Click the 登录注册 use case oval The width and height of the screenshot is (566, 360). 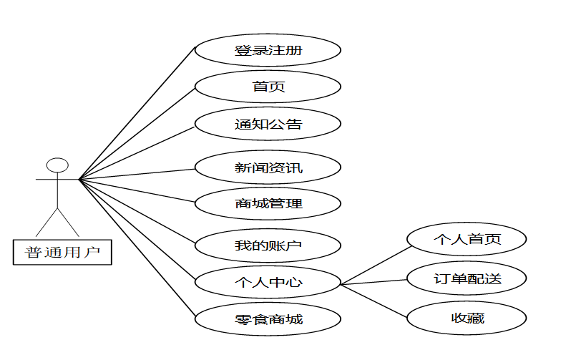(x=268, y=51)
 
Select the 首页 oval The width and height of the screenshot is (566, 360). (x=268, y=87)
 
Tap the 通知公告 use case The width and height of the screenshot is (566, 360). (x=268, y=125)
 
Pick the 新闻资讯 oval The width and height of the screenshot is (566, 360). (x=268, y=168)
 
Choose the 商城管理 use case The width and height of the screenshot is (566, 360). (x=268, y=203)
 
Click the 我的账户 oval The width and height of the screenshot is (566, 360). (x=268, y=245)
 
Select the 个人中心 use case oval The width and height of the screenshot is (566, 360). (x=268, y=282)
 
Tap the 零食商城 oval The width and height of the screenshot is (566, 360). (x=268, y=318)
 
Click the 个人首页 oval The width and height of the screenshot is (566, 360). (x=467, y=239)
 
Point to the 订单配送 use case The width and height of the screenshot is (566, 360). (x=467, y=278)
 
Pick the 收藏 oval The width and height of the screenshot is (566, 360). (x=467, y=318)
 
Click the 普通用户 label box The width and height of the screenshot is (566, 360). (x=63, y=252)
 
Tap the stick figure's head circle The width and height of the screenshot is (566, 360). (x=57, y=165)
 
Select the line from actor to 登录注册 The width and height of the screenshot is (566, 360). (x=137, y=113)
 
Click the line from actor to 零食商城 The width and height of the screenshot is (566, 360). (x=137, y=247)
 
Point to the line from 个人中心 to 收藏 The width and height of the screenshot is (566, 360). (x=374, y=299)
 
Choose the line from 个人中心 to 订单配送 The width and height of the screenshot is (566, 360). (x=374, y=282)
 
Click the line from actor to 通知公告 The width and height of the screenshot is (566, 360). (x=137, y=152)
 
